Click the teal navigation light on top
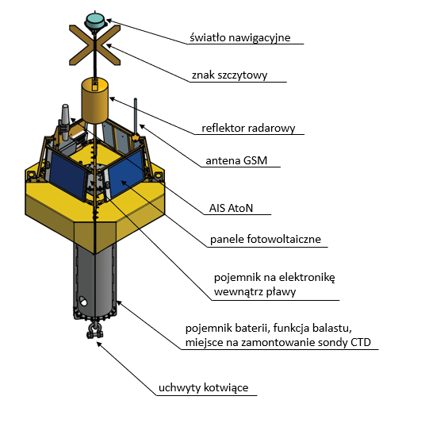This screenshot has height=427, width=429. click(x=95, y=21)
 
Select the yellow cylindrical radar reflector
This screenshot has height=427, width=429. click(x=94, y=101)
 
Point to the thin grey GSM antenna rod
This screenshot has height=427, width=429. click(x=135, y=116)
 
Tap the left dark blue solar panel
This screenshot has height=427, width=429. click(x=67, y=175)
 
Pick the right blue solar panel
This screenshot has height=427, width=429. click(x=125, y=173)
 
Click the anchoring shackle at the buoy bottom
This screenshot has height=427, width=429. click(x=94, y=330)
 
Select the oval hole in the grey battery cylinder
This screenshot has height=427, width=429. click(x=82, y=301)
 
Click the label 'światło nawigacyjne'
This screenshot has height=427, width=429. click(x=240, y=37)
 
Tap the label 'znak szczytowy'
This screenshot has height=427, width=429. click(x=229, y=75)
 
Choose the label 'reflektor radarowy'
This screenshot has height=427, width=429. click(x=248, y=129)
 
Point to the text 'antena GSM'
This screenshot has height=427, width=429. click(x=236, y=160)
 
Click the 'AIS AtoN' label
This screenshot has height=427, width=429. click(x=231, y=208)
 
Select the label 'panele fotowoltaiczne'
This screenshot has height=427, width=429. click(x=266, y=239)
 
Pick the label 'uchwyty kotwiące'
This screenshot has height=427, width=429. click(x=203, y=388)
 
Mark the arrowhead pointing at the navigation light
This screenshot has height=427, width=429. click(x=109, y=21)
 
